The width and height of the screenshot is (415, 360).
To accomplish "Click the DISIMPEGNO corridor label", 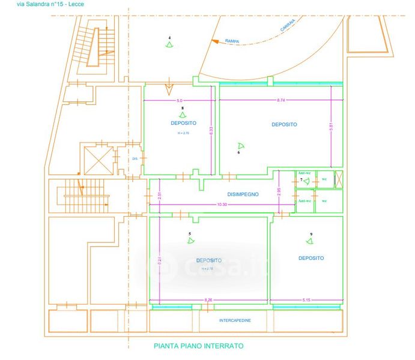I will (x=243, y=194).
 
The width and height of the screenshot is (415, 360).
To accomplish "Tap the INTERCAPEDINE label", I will (x=234, y=321).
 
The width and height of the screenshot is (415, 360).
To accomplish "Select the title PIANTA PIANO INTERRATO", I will (x=199, y=346).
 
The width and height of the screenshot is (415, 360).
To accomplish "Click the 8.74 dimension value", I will (x=280, y=101).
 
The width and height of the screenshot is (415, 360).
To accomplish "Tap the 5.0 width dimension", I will (x=179, y=101).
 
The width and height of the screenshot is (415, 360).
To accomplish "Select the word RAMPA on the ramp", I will (x=232, y=41).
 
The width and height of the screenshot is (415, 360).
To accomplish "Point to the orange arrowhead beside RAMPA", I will (x=214, y=41).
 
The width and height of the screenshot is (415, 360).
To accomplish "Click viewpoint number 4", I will (x=169, y=38).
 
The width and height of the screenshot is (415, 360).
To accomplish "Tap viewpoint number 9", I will (x=311, y=234).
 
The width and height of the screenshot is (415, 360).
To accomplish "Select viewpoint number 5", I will (x=190, y=233).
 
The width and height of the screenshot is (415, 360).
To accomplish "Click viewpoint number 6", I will (x=238, y=152).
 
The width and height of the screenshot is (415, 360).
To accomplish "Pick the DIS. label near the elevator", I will (x=135, y=158).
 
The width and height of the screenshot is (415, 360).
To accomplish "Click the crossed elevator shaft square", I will (x=98, y=158).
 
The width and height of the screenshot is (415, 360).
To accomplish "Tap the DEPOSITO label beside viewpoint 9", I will (x=311, y=258).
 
